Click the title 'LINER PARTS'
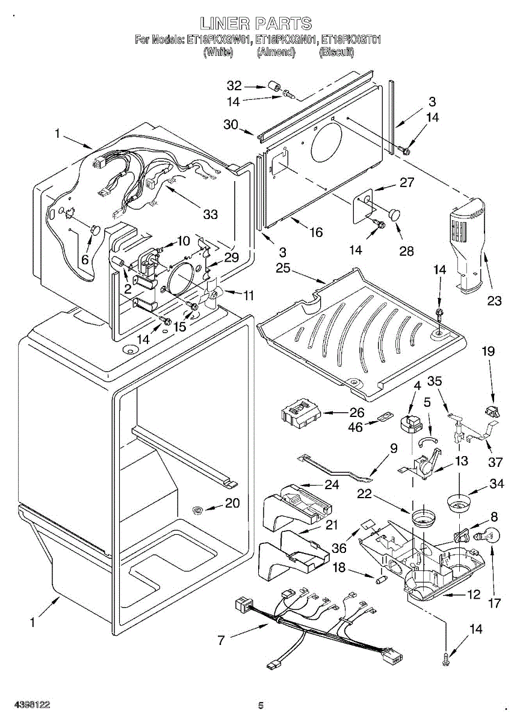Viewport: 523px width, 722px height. point(256,23)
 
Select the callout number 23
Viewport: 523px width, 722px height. point(494,301)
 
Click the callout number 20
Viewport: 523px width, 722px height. point(232,503)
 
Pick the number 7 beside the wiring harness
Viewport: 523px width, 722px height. point(221,640)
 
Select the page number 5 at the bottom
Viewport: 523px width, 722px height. point(261,705)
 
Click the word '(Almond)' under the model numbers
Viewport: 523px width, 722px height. point(276,52)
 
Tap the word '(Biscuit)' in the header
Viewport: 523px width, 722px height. point(336,52)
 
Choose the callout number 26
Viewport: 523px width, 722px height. point(357,413)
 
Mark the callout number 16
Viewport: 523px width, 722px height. point(315,232)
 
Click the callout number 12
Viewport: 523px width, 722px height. point(474,594)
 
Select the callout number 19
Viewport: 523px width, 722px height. point(487,351)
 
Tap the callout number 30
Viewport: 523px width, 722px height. point(231,125)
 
